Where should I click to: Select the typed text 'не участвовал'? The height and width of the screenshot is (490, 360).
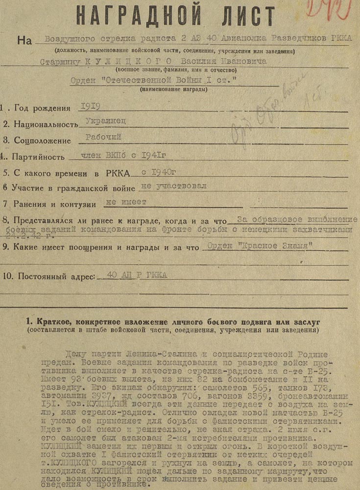[173, 186]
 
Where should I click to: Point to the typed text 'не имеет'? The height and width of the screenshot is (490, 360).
[125, 201]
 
